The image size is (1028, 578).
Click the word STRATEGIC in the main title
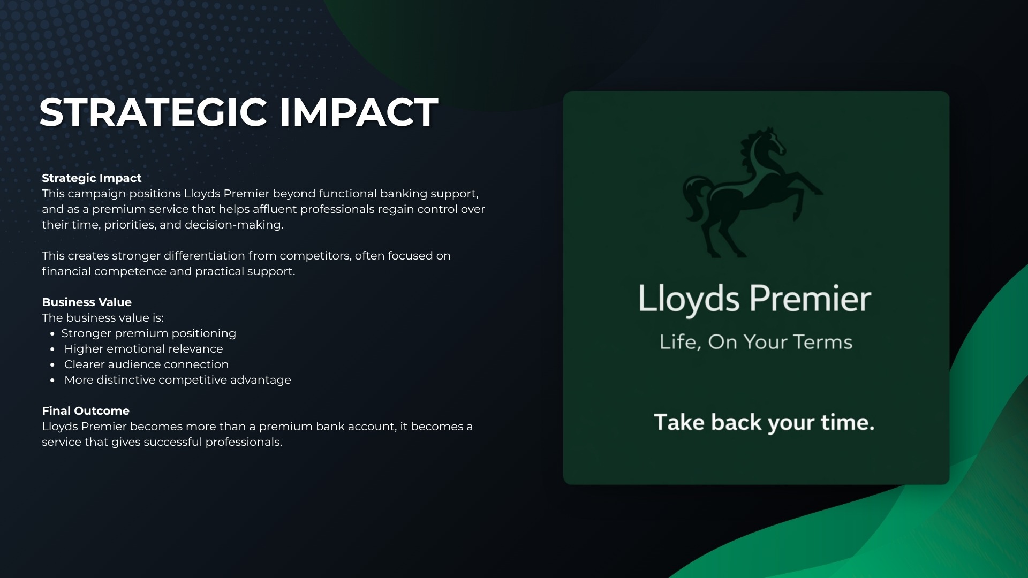point(153,112)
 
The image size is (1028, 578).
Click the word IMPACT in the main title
point(359,112)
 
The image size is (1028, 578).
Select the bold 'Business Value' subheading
point(87,302)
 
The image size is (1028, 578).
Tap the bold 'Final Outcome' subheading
point(86,411)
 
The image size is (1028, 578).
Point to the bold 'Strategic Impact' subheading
point(92,178)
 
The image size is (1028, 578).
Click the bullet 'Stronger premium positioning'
point(148,333)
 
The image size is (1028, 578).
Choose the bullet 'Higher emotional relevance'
point(143,349)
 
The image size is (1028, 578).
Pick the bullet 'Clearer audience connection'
point(146,364)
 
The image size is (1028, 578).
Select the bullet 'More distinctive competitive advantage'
point(178,380)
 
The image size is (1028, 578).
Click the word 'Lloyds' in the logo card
point(689,299)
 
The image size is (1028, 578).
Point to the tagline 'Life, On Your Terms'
point(755,342)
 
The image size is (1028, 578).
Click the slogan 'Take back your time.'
point(764,423)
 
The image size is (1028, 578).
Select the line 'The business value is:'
point(103,318)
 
